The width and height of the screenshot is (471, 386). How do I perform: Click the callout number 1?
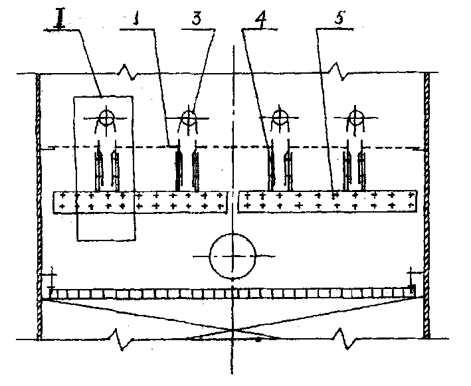click(137, 19)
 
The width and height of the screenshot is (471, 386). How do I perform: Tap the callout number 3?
click(197, 19)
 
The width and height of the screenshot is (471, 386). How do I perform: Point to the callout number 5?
click(339, 17)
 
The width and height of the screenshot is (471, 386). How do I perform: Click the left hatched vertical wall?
click(39, 207)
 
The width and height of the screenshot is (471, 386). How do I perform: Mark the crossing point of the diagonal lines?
click(233, 330)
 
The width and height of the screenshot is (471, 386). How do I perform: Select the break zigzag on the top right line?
click(337, 72)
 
